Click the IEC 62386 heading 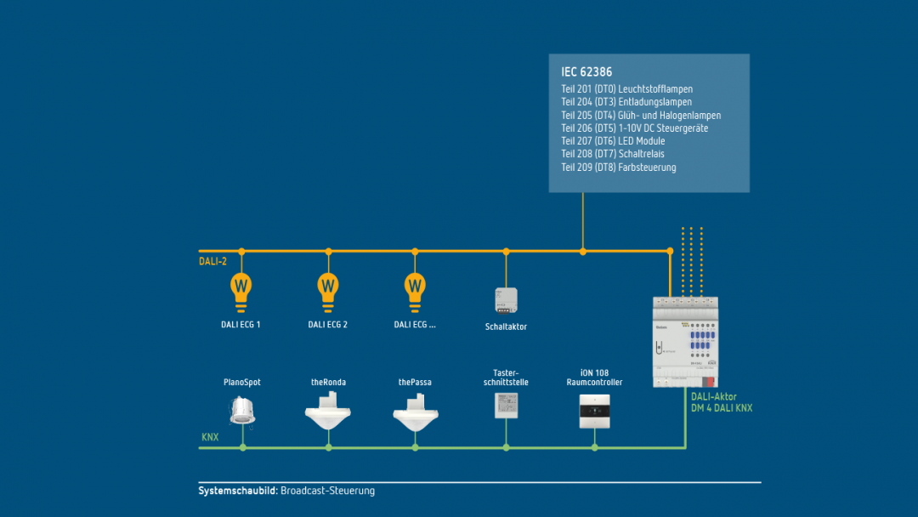click(x=586, y=72)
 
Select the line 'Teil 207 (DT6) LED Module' click(x=613, y=141)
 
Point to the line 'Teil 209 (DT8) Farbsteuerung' click(x=619, y=168)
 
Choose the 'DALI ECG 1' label click(x=241, y=325)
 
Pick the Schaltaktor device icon click(x=506, y=300)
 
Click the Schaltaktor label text click(x=506, y=327)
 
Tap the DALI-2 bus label click(x=212, y=262)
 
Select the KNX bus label click(x=210, y=437)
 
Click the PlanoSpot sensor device click(x=242, y=412)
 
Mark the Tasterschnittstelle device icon click(x=506, y=405)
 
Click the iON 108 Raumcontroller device click(x=594, y=411)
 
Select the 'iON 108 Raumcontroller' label click(x=594, y=378)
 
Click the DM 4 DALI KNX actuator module click(x=685, y=340)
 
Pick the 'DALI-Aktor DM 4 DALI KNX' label click(x=722, y=402)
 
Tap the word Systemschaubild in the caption click(x=237, y=491)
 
